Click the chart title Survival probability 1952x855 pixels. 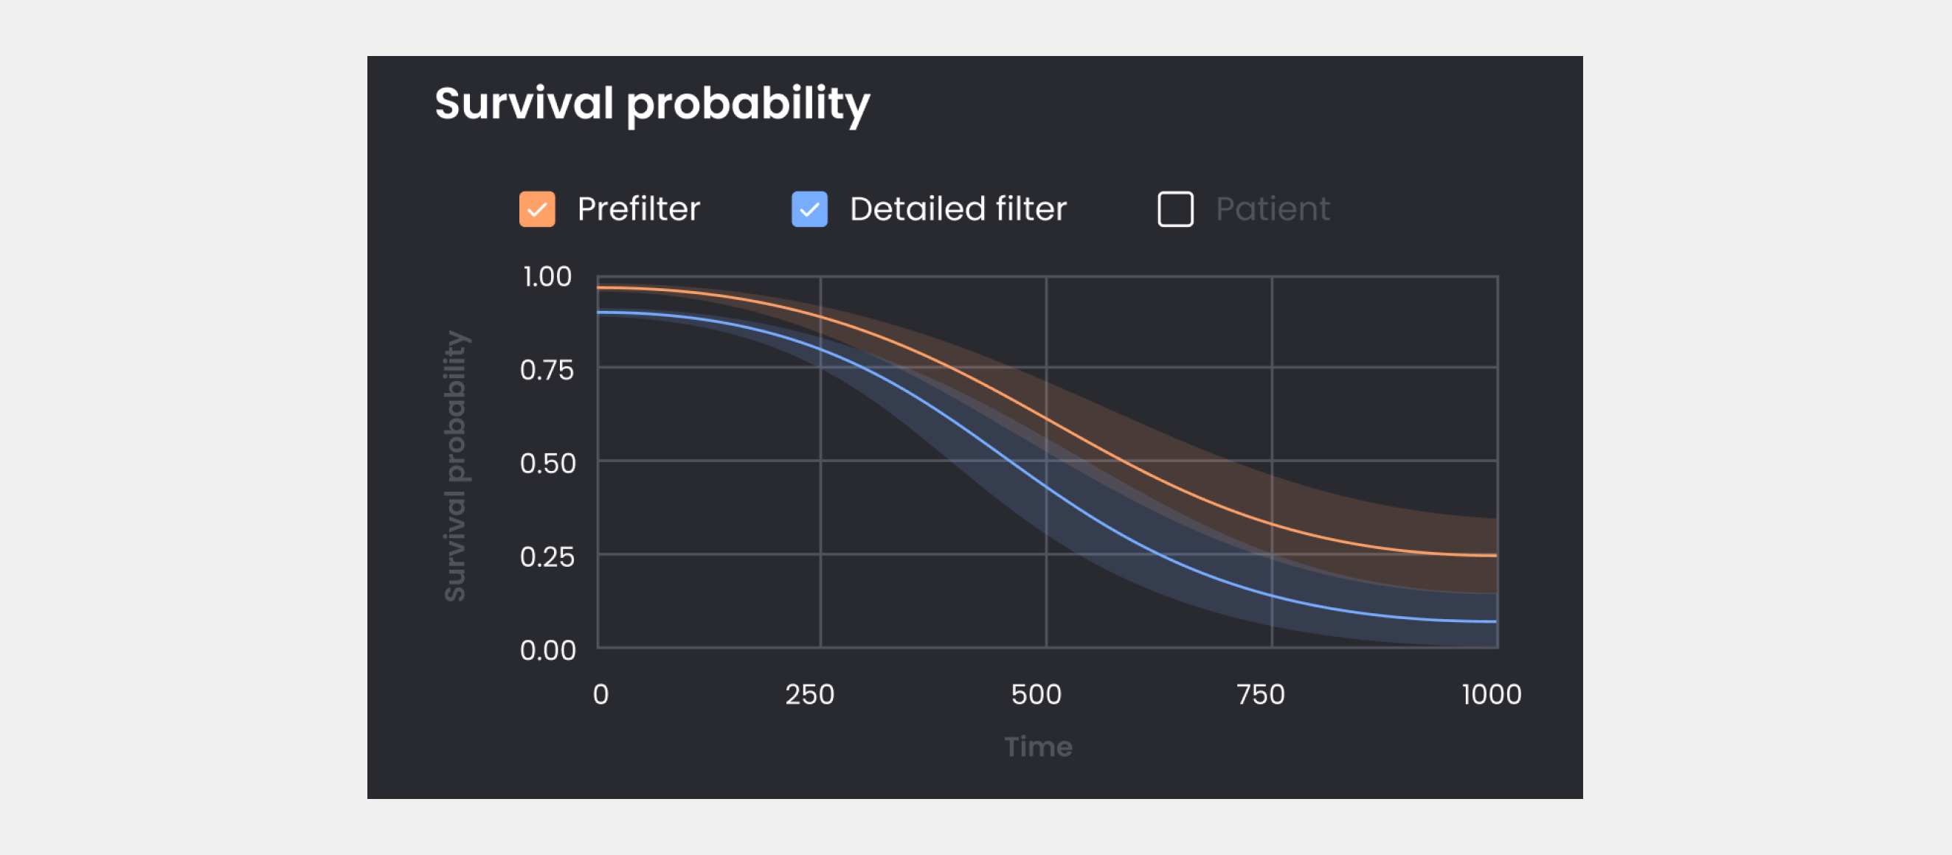pos(651,105)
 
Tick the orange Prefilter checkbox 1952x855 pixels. pos(536,209)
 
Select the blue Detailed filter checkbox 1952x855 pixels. pos(809,209)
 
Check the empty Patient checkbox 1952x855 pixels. pos(1175,209)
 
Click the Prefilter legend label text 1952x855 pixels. pos(638,209)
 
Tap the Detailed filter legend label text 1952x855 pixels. pos(958,209)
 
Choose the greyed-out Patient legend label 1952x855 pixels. pos(1273,209)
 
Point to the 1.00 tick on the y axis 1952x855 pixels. pos(547,277)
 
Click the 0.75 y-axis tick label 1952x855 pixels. pos(547,370)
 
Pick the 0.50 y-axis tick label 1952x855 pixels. pos(547,464)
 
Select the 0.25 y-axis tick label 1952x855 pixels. pos(547,557)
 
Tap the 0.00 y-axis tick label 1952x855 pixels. pos(547,651)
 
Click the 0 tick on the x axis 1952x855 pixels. pos(601,694)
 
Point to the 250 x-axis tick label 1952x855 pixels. pos(809,694)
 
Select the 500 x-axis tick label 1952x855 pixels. pos(1036,694)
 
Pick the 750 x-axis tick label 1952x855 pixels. pos(1260,694)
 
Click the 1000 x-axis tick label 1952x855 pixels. pos(1491,694)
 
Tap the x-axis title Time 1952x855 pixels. pos(1038,747)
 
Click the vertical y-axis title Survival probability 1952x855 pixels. pos(455,466)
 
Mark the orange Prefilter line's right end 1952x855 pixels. pos(1497,556)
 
